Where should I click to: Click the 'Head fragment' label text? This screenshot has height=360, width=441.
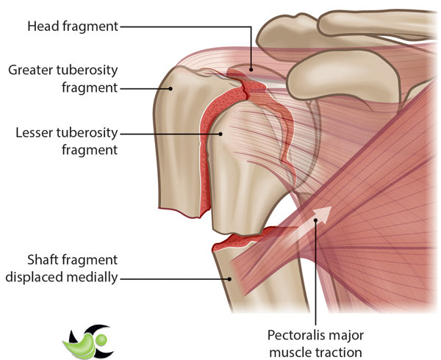(x=72, y=26)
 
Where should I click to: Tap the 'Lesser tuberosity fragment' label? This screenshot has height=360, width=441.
(x=66, y=142)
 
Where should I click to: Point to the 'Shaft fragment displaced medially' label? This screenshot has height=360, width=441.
(x=62, y=270)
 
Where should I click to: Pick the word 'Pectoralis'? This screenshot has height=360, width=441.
(x=293, y=335)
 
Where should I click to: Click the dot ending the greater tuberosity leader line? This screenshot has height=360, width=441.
(x=171, y=88)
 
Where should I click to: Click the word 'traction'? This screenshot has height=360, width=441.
(x=340, y=352)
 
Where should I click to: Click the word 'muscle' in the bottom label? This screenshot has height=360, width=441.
(x=295, y=352)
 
